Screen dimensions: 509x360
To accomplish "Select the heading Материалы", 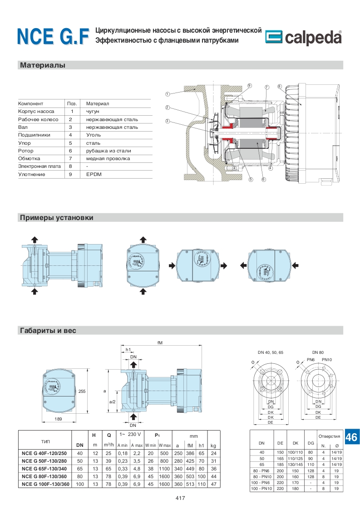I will pyautogui.click(x=43, y=65).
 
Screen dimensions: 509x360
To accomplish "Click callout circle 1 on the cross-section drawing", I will pyautogui.click(x=167, y=94).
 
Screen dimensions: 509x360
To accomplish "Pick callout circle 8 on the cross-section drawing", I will pyautogui.click(x=279, y=86).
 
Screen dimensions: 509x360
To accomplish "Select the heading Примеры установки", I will pyautogui.click(x=57, y=218).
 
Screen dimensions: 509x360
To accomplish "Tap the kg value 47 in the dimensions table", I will pyautogui.click(x=213, y=485).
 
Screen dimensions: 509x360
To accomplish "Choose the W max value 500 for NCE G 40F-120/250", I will pyautogui.click(x=164, y=453).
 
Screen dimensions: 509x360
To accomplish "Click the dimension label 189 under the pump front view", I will pyautogui.click(x=58, y=419).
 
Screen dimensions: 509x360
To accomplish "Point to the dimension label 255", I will pyautogui.click(x=82, y=391).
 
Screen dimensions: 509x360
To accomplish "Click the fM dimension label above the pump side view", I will pyautogui.click(x=160, y=343).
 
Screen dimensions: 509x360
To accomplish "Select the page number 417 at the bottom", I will pyautogui.click(x=180, y=499).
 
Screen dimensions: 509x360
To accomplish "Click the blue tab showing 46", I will pyautogui.click(x=351, y=437).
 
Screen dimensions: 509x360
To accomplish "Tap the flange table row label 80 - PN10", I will pyautogui.click(x=261, y=476).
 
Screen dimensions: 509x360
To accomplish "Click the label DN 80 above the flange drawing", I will pyautogui.click(x=317, y=352).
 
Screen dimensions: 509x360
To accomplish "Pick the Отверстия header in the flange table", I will pyautogui.click(x=329, y=436).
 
